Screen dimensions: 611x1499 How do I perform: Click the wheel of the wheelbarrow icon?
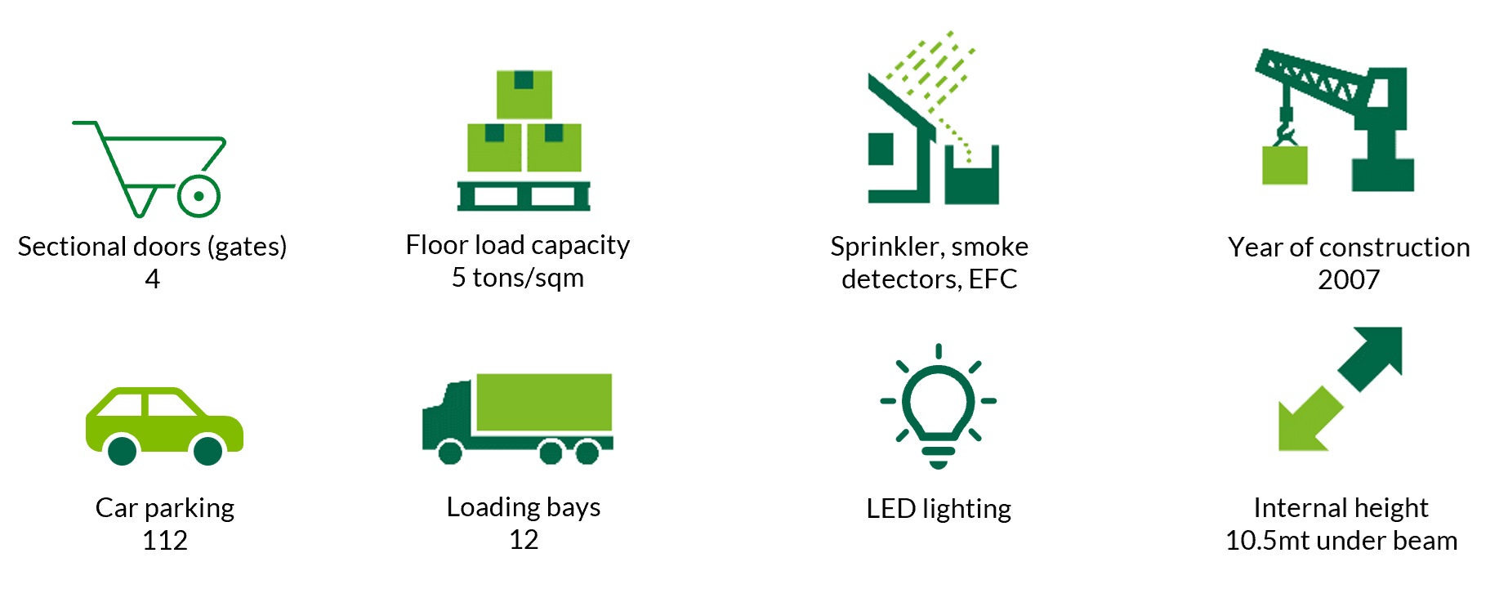click(x=199, y=196)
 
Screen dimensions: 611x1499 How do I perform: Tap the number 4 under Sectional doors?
click(x=153, y=279)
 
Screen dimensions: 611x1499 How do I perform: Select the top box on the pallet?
click(x=524, y=94)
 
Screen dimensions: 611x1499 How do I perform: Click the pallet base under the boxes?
click(x=524, y=196)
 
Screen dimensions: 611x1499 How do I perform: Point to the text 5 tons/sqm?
click(x=518, y=278)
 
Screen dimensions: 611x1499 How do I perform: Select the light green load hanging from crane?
click(x=1284, y=165)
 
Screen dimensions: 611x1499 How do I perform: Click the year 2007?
click(x=1349, y=280)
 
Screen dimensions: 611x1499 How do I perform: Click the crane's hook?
click(x=1285, y=132)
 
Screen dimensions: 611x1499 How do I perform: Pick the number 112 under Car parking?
click(x=165, y=541)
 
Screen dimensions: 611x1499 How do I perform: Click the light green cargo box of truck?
click(x=544, y=402)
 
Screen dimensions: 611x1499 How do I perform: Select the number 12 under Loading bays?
click(x=524, y=540)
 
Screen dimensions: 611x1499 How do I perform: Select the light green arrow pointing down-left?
click(x=1307, y=421)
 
